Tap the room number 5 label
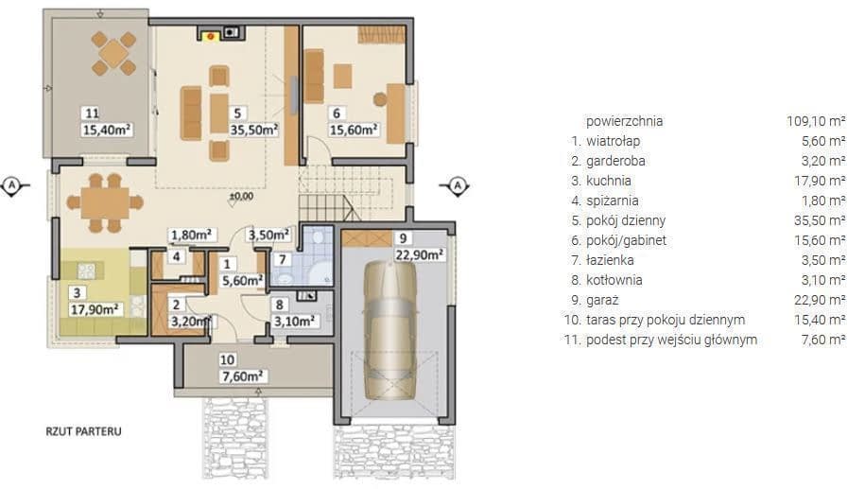238,114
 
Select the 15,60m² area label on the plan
354,130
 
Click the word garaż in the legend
602,300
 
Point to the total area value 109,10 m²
816,121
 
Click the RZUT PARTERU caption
83,431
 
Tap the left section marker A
12,185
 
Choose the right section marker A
458,185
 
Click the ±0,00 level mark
241,196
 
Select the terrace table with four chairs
113,54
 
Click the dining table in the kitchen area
105,202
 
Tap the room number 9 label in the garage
404,237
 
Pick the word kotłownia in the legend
614,280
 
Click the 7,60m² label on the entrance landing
242,376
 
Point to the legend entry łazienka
610,260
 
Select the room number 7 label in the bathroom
283,259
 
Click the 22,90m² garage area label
420,254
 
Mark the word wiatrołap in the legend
613,141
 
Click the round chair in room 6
380,99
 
